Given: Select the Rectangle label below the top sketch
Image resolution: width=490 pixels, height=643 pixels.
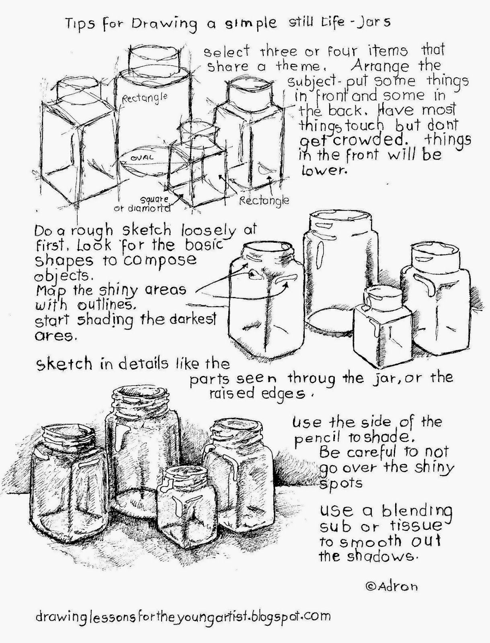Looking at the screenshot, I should pos(264,201).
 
